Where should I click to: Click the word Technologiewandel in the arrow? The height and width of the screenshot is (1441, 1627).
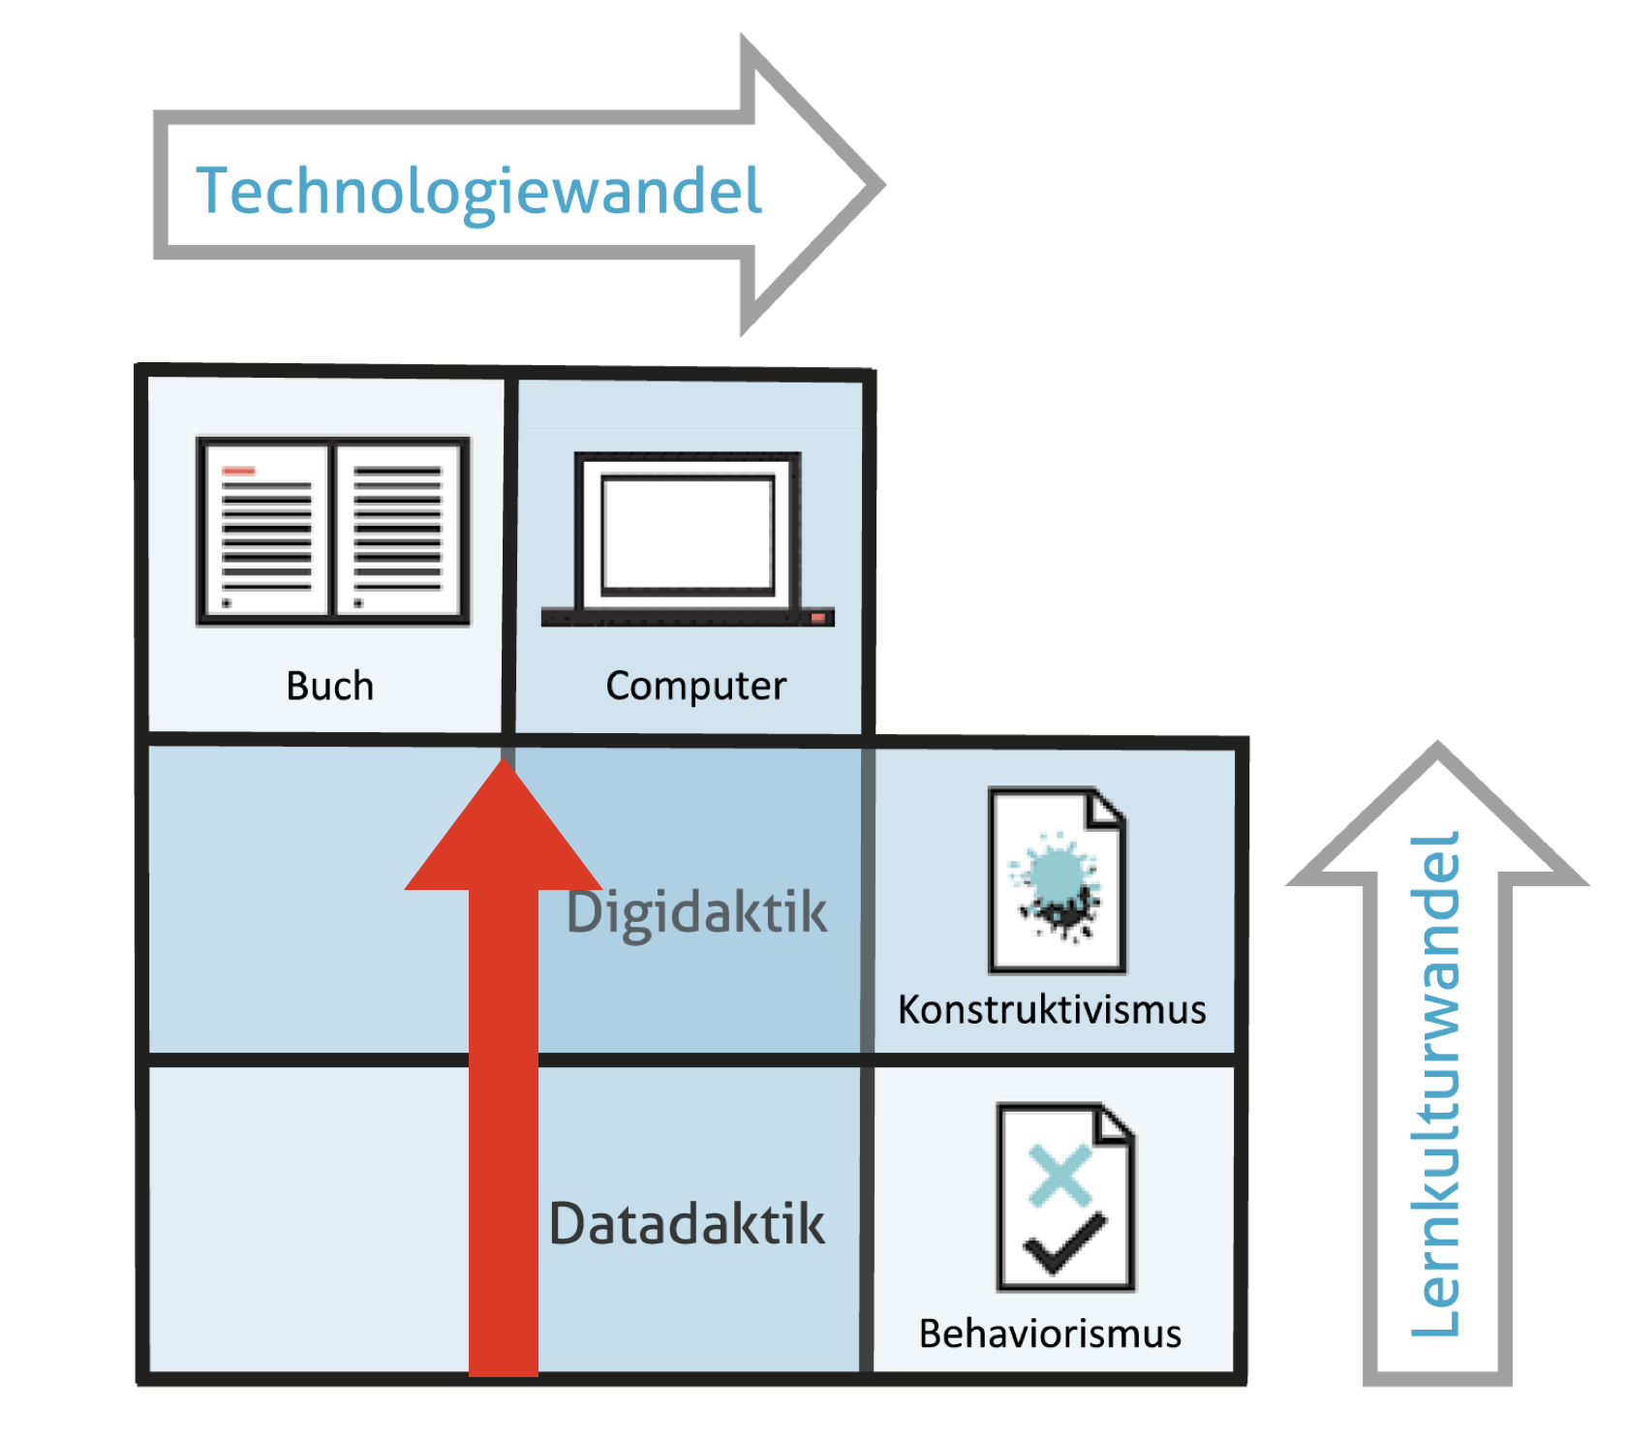478,191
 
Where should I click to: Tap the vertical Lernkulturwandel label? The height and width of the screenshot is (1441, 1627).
1435,1085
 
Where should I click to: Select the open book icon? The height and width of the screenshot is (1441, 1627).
332,532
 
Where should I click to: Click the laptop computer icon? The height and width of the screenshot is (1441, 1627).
688,539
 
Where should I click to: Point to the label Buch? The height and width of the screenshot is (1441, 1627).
329,686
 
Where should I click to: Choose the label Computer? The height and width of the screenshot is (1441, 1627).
695,686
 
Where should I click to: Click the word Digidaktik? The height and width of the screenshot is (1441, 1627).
697,912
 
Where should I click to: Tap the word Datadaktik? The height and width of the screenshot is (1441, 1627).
687,1223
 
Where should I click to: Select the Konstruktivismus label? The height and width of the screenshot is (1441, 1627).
1052,1009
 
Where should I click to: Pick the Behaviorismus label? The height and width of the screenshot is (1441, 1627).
1050,1334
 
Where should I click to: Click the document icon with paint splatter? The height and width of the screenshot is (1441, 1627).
1057,880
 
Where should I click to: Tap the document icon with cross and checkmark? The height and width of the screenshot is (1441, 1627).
1065,1197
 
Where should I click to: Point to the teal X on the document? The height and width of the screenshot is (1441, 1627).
1060,1175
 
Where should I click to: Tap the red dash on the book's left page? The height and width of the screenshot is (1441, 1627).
238,472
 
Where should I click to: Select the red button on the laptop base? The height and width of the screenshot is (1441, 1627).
819,617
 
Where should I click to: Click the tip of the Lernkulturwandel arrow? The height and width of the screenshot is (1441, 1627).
1438,751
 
